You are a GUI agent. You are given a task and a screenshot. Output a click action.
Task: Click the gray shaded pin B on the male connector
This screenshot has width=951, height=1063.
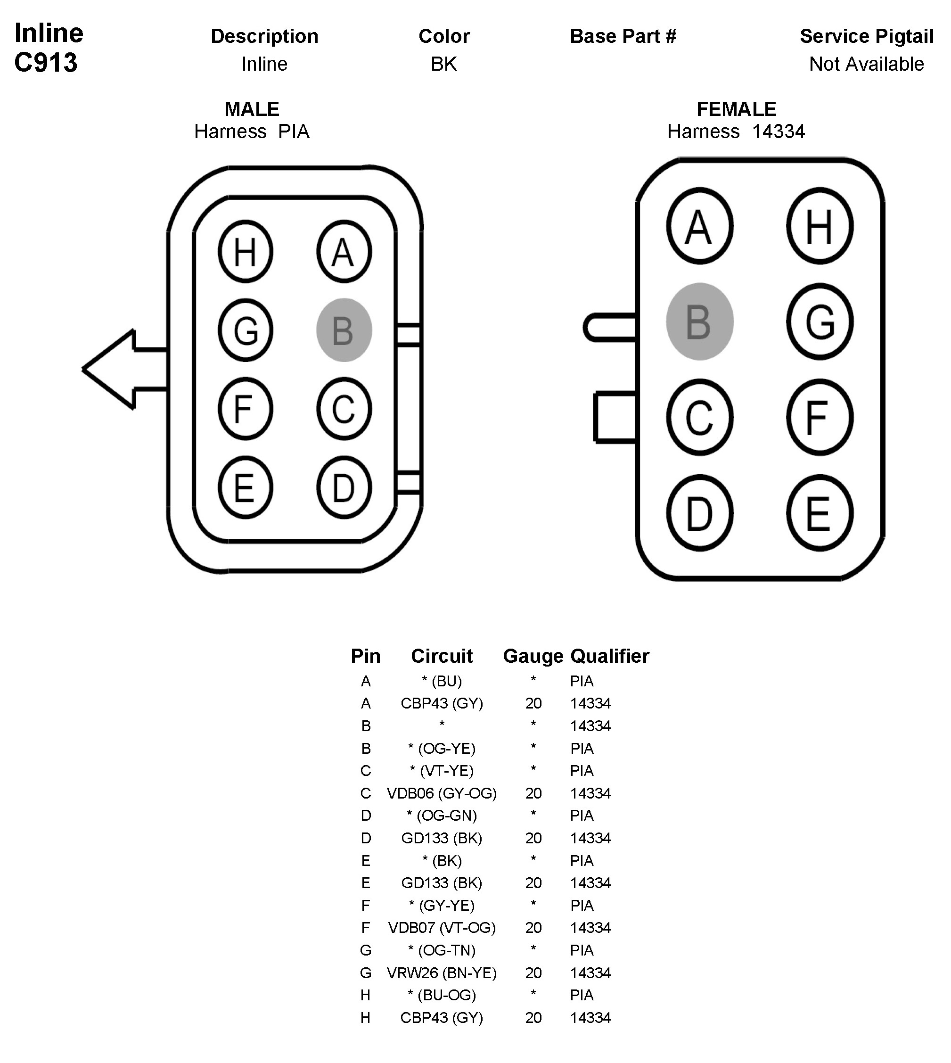(x=344, y=330)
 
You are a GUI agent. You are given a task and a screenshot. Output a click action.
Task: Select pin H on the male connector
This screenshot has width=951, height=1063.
(x=245, y=251)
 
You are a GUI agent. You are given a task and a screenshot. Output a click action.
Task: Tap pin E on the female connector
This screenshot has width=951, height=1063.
(x=820, y=513)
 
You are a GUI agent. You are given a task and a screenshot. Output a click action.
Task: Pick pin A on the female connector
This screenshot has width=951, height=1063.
(x=700, y=226)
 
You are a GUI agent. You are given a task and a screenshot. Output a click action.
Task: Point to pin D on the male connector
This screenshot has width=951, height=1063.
(x=344, y=487)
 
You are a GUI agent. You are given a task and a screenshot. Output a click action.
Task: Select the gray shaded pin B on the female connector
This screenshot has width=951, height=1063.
(x=700, y=321)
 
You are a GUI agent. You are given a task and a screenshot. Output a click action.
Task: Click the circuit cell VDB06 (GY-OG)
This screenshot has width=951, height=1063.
(x=442, y=793)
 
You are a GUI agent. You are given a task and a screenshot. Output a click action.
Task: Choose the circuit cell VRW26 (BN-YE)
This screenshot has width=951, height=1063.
(x=442, y=972)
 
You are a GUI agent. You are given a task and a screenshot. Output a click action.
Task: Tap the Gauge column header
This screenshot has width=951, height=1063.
(x=533, y=656)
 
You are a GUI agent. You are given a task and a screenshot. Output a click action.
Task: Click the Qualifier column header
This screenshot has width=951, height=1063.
(x=609, y=656)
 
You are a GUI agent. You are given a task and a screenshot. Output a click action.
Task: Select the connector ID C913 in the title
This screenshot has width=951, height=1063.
(x=46, y=63)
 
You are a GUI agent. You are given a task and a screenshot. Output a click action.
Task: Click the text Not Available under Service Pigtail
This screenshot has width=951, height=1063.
(x=866, y=64)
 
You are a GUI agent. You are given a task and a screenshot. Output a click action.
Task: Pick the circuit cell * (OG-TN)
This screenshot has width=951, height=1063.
(x=442, y=950)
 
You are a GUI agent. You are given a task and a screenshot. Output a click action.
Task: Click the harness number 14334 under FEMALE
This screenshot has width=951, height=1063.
(x=778, y=131)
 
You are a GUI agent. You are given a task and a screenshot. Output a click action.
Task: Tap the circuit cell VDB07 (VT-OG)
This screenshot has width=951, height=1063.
(x=442, y=928)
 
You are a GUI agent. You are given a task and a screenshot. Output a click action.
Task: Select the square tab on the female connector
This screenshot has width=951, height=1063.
(x=615, y=417)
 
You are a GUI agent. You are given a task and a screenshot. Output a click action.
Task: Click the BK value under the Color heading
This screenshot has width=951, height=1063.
(x=443, y=64)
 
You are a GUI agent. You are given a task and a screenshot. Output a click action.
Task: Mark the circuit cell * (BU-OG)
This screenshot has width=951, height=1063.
(x=442, y=995)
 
